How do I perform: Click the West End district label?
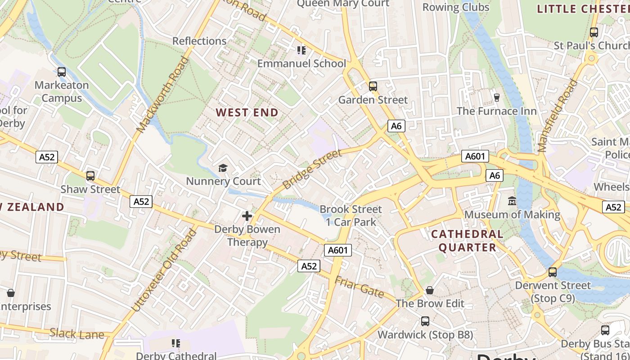coord(247,112)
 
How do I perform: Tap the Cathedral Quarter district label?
coord(467,241)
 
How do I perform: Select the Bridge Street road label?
coord(312,169)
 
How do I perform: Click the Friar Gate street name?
coord(359,287)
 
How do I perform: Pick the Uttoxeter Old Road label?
coord(165,270)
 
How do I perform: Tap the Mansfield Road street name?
coord(557,116)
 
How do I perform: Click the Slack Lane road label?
coord(77,334)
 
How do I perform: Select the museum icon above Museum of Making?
coord(512,201)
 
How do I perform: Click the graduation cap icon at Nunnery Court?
coord(223,168)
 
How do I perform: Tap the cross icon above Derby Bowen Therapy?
coord(247,216)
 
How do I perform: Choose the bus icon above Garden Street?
coord(373,86)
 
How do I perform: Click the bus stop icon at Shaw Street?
coord(90,176)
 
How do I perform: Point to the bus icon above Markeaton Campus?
coord(62,72)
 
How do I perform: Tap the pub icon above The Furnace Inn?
coord(497,97)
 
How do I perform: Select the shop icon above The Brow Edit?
coord(430,290)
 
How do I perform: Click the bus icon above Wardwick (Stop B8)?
coord(425,321)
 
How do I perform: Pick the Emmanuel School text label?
coord(301,63)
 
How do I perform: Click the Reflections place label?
coord(199,41)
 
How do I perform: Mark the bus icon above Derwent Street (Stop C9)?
coord(553,272)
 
